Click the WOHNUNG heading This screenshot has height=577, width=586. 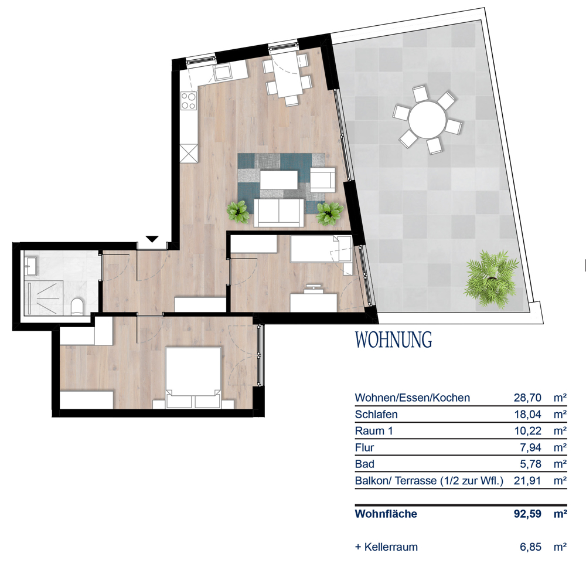click(x=394, y=340)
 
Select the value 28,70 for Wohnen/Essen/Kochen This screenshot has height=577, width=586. click(x=527, y=398)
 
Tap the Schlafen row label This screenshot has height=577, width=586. click(x=376, y=415)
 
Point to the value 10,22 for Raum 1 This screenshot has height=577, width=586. click(x=528, y=431)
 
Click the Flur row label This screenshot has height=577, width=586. click(x=364, y=447)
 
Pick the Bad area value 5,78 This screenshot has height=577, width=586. click(x=531, y=464)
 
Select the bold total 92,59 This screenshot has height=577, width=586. click(x=527, y=514)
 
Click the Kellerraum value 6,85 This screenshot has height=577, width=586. click(x=531, y=547)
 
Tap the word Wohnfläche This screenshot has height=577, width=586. click(x=386, y=514)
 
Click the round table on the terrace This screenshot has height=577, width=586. click(x=427, y=120)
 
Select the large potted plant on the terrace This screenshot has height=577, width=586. click(x=492, y=279)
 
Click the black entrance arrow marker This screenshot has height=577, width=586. click(x=152, y=239)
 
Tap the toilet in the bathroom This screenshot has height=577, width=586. click(x=77, y=306)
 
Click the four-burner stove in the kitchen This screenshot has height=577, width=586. click(x=189, y=101)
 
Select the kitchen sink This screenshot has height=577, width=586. click(x=223, y=72)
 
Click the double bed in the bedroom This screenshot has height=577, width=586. click(x=193, y=378)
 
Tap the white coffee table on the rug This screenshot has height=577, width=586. click(x=279, y=180)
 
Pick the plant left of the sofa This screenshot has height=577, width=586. click(x=238, y=212)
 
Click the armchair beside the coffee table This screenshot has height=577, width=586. click(x=322, y=180)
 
